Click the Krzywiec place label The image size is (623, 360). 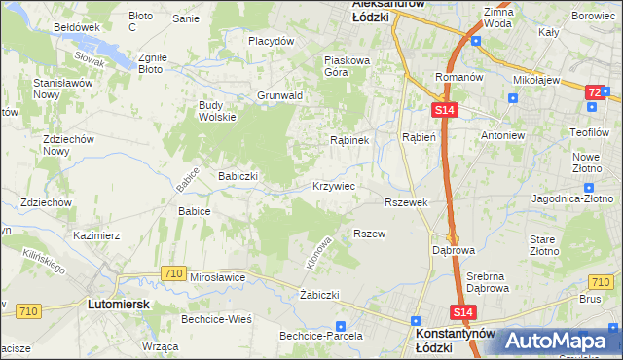click(x=333, y=185)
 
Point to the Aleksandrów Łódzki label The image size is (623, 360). click(x=396, y=10)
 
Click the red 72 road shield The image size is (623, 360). click(x=594, y=91)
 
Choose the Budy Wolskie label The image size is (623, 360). click(x=217, y=111)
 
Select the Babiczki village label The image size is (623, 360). click(x=238, y=176)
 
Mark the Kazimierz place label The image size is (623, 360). click(x=96, y=235)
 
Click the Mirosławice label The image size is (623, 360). click(x=217, y=277)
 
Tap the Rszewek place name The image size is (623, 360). click(x=407, y=201)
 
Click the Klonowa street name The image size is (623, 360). click(x=319, y=251)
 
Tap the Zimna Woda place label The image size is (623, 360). click(x=496, y=17)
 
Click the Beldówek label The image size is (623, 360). click(x=78, y=27)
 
